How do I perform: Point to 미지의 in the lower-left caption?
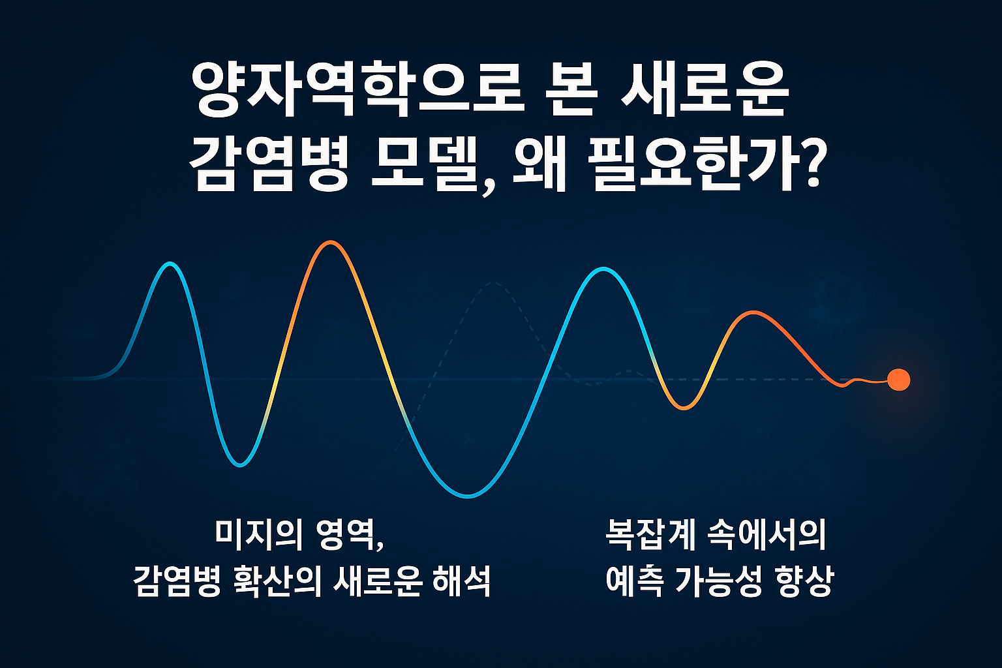(x=258, y=535)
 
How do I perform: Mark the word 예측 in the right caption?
(x=633, y=581)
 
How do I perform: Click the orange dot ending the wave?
(x=898, y=379)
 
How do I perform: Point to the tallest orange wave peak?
(x=331, y=243)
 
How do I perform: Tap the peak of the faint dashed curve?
(x=494, y=284)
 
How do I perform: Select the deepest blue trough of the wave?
(x=468, y=496)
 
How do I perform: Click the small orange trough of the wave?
(x=683, y=408)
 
